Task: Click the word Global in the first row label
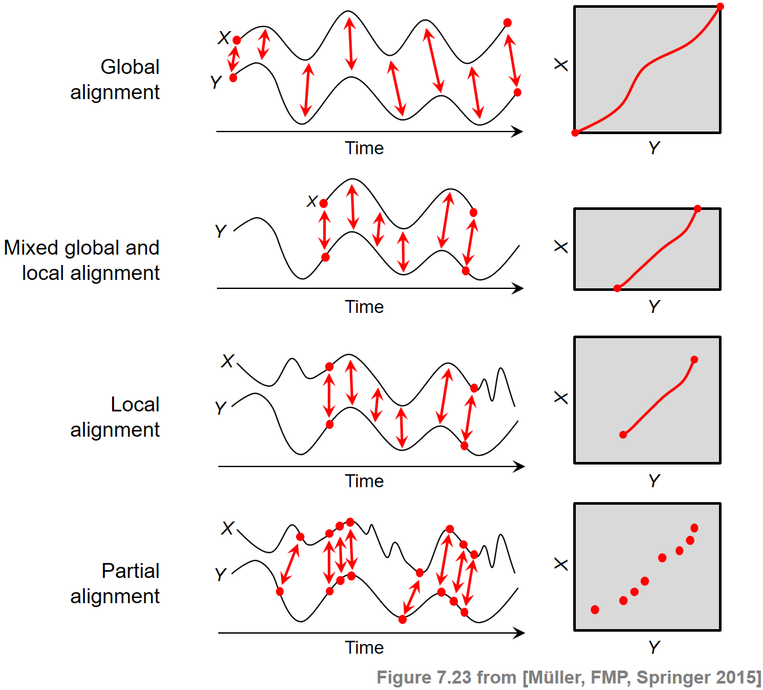pyautogui.click(x=130, y=67)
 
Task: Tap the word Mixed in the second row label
pyautogui.click(x=30, y=247)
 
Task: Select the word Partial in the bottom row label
pyautogui.click(x=130, y=571)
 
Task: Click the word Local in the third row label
pyautogui.click(x=135, y=404)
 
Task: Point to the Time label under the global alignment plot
pyautogui.click(x=364, y=148)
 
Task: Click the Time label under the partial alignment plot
pyautogui.click(x=364, y=647)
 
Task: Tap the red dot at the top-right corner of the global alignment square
pyautogui.click(x=720, y=6)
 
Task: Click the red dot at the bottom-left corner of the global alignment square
pyautogui.click(x=575, y=133)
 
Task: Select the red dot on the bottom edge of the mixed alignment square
pyautogui.click(x=617, y=288)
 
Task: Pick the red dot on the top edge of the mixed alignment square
pyautogui.click(x=698, y=209)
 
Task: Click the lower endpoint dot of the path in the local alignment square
pyautogui.click(x=623, y=435)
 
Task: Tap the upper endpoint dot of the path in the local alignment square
pyautogui.click(x=694, y=360)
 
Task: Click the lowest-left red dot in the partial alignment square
pyautogui.click(x=595, y=610)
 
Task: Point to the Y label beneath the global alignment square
pyautogui.click(x=654, y=148)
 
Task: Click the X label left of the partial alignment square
pyautogui.click(x=561, y=564)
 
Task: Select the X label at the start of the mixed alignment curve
pyautogui.click(x=312, y=201)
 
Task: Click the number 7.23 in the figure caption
pyautogui.click(x=455, y=678)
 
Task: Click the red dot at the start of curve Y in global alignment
pyautogui.click(x=233, y=78)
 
